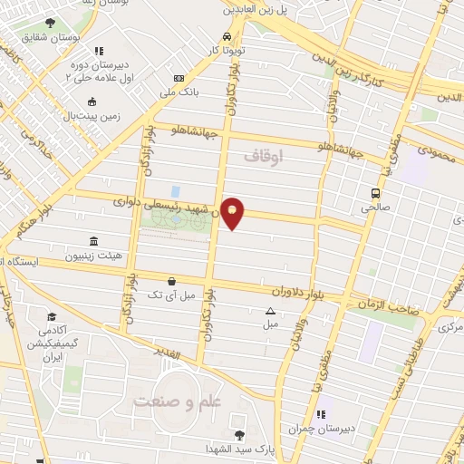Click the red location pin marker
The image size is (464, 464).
click(233, 212)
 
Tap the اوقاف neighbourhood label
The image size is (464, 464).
click(263, 156)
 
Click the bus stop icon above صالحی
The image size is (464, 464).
click(374, 192)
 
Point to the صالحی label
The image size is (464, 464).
click(374, 208)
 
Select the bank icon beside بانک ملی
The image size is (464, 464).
click(179, 79)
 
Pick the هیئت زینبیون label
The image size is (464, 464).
click(94, 256)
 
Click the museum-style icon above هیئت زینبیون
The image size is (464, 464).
click(94, 241)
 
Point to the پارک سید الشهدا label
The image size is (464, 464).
click(238, 450)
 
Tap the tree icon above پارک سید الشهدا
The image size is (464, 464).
click(238, 435)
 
